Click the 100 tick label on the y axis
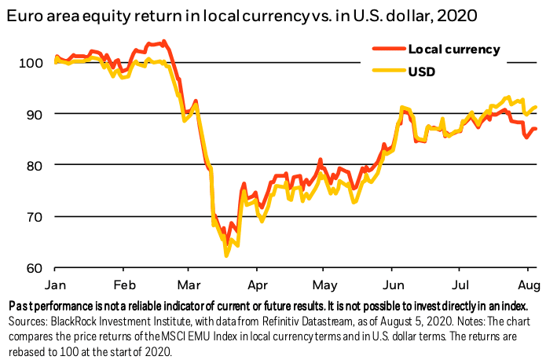click(x=27, y=62)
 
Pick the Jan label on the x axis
click(x=56, y=284)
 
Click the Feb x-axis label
click(x=123, y=284)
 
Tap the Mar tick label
click(x=188, y=284)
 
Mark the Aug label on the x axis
click(x=528, y=284)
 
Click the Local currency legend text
click(x=453, y=49)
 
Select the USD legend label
click(x=422, y=71)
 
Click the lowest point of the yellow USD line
click(x=226, y=255)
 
